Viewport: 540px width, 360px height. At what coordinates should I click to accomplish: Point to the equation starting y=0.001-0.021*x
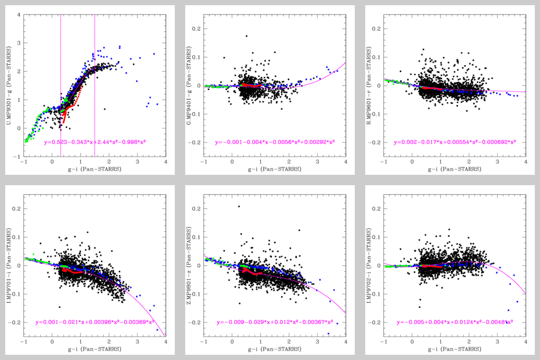coord(95,322)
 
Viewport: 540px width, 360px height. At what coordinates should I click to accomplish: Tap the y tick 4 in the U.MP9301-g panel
coord(19,15)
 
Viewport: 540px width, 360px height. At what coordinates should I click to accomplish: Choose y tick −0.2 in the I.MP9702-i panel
coord(375,322)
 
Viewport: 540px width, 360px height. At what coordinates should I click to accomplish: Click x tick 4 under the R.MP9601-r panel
coord(525,162)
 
